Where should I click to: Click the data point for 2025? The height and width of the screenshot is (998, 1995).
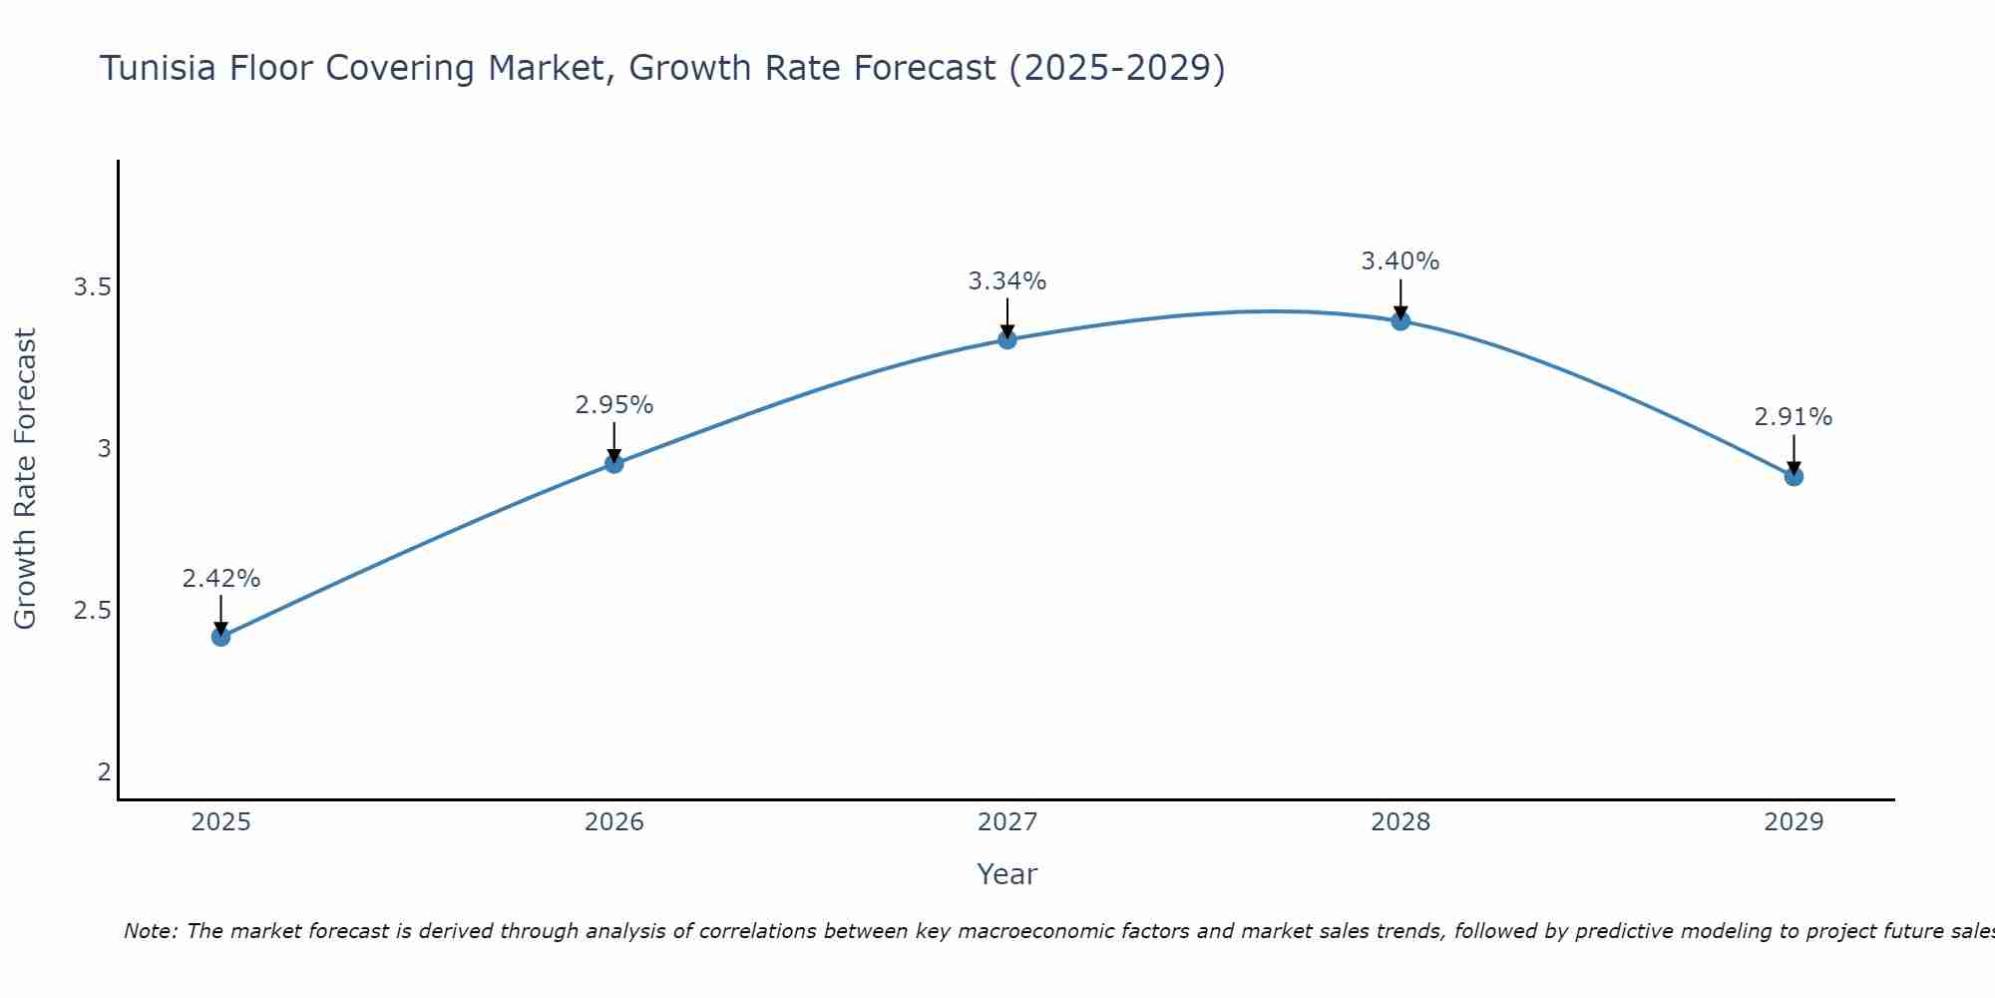tap(220, 637)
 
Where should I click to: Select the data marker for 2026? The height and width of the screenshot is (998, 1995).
tap(613, 463)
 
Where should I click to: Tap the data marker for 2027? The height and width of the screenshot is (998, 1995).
tap(1007, 339)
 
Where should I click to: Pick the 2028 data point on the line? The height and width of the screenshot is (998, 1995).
tap(1400, 320)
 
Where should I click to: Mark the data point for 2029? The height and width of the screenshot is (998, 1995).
tap(1794, 476)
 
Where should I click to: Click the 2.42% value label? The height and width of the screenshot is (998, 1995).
tap(220, 579)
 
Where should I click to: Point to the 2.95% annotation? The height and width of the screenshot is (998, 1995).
tap(613, 405)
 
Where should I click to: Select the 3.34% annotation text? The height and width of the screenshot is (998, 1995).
tap(1007, 281)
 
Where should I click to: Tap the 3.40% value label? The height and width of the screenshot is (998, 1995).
tap(1400, 261)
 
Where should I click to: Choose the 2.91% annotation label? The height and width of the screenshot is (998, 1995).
tap(1794, 417)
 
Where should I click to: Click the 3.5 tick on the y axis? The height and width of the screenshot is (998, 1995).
tap(92, 288)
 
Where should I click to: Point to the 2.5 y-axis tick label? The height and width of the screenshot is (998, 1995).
tap(92, 611)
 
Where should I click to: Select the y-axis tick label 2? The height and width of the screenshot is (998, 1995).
tap(104, 771)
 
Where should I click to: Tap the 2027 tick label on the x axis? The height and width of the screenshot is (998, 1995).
tap(1007, 822)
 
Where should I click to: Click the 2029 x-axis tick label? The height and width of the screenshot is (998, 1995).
tap(1794, 822)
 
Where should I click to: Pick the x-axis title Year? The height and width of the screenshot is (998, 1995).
tap(1007, 874)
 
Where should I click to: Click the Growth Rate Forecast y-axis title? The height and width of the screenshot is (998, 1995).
tap(26, 479)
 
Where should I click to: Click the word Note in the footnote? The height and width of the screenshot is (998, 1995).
tap(149, 931)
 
